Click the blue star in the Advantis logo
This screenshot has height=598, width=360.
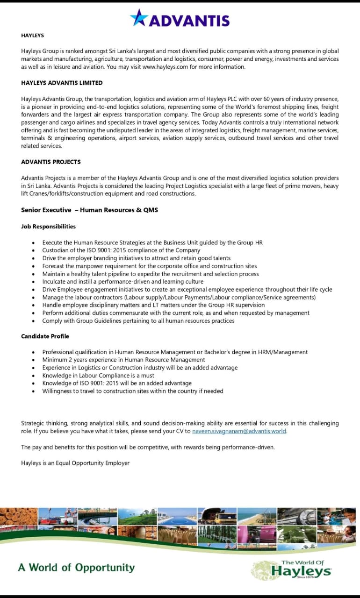(139, 18)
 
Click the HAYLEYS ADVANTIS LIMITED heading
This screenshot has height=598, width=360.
(62, 83)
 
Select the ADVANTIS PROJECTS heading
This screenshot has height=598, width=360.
(51, 162)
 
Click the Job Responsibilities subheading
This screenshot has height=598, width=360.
(48, 226)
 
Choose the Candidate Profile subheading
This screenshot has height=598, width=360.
(45, 336)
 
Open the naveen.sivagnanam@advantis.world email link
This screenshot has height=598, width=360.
(239, 431)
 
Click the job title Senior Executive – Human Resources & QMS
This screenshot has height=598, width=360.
(89, 210)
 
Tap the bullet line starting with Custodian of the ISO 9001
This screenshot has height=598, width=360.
(121, 250)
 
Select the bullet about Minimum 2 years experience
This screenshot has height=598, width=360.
(123, 360)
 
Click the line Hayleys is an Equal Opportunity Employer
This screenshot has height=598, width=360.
(75, 463)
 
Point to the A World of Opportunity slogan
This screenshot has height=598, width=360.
(76, 568)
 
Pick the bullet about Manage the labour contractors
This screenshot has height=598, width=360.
(179, 297)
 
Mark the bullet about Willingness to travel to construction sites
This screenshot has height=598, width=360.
(132, 391)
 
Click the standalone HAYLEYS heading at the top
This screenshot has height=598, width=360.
(32, 35)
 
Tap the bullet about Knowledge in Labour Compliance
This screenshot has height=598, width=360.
(98, 375)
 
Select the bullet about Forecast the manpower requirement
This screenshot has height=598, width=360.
(149, 266)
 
